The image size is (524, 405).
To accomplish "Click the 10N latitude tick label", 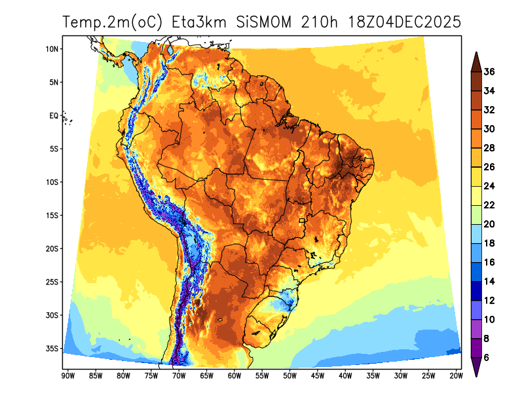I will pos(53,49).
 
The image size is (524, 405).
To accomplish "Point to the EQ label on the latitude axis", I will pos(54,116).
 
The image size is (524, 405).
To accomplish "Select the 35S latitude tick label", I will pos(53,349).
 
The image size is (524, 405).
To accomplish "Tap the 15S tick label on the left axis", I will pos(53,216).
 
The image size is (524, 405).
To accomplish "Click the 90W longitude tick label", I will pos(66,376).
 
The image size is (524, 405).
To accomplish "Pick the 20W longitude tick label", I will pos(457,376).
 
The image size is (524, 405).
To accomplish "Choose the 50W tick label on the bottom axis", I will pos(290,376).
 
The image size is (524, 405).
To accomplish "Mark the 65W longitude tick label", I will pos(206,376).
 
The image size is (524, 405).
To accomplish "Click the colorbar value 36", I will pos(489,72).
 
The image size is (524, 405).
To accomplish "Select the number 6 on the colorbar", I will pos(487,358).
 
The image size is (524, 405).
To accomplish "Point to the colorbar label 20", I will pos(489,224).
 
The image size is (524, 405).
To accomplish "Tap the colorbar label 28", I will pos(489,148).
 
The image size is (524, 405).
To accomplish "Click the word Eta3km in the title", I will pos(198,22).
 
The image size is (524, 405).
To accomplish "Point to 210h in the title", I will pos(319,22).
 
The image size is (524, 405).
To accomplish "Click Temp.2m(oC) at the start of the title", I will pos(113,22).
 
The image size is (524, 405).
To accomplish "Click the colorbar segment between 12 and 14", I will pos(477,291).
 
